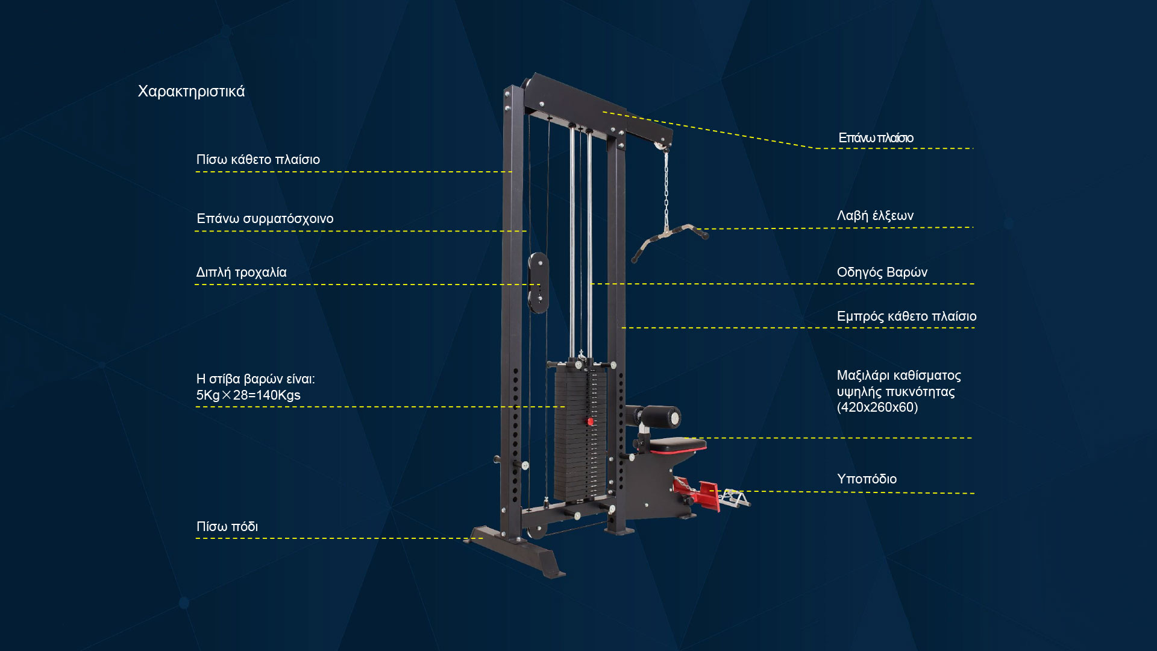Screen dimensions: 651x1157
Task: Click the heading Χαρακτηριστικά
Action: [x=191, y=92]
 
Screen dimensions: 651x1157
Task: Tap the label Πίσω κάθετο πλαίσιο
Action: [x=258, y=160]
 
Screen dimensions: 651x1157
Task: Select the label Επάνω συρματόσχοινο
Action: [x=265, y=219]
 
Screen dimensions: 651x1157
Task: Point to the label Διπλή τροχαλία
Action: [x=241, y=272]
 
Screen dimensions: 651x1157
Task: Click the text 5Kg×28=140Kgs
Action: [x=248, y=395]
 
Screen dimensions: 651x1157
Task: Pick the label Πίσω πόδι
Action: [x=227, y=527]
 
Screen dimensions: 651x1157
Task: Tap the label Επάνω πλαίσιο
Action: [x=876, y=138]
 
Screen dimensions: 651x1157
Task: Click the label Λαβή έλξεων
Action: [x=875, y=216]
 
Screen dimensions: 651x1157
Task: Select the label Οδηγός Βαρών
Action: [x=882, y=272]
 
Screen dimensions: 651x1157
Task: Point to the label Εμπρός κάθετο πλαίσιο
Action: [x=906, y=316]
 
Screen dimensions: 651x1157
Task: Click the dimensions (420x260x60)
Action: [x=877, y=407]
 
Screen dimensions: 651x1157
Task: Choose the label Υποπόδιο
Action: [x=867, y=479]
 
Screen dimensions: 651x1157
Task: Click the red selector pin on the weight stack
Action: [x=591, y=422]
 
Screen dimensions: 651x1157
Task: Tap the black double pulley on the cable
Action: [x=538, y=283]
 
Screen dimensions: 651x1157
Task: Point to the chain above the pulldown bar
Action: [x=666, y=187]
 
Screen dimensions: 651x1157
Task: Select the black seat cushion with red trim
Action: [x=677, y=445]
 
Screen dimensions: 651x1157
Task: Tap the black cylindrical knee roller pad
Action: [x=660, y=417]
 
